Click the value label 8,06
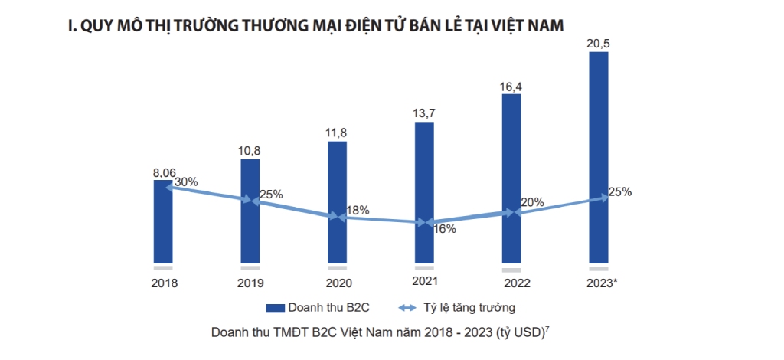click(x=164, y=172)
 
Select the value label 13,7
click(x=424, y=113)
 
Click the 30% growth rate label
click(x=186, y=182)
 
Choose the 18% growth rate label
click(x=358, y=209)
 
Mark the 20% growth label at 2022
click(x=532, y=202)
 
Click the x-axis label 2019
click(x=250, y=283)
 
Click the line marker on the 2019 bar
click(x=250, y=200)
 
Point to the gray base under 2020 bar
click(x=337, y=267)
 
